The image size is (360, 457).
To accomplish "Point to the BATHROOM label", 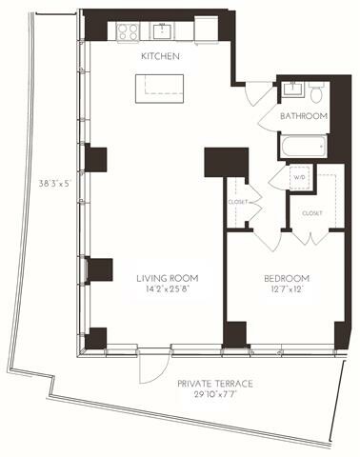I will (x=303, y=116).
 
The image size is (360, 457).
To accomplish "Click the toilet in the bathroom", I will (x=315, y=92).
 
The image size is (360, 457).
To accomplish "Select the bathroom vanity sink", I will (x=292, y=91).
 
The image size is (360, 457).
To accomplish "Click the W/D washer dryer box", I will (x=299, y=177).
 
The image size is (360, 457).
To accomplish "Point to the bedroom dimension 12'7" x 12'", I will (x=286, y=290).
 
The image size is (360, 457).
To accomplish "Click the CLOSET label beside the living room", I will (x=238, y=202).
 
